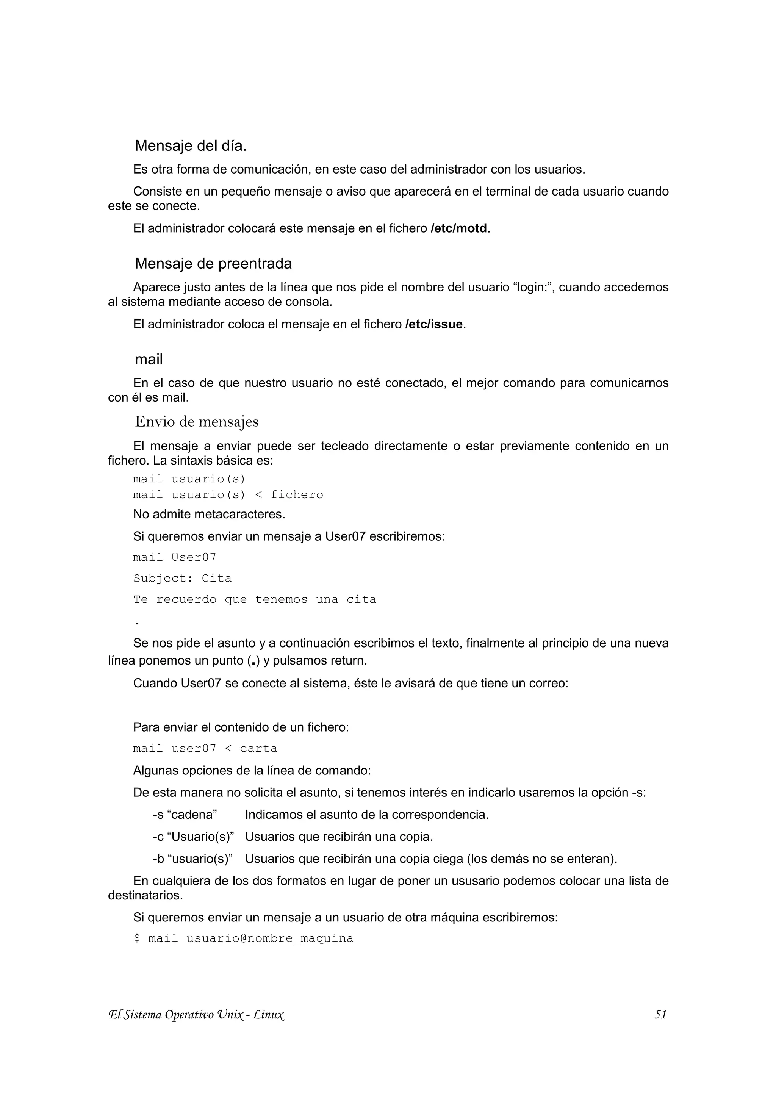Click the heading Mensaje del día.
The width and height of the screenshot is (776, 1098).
coord(190,146)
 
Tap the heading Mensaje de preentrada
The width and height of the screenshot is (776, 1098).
coord(213,263)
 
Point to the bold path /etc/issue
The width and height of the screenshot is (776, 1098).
coord(434,324)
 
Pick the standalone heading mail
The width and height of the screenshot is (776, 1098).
coord(149,359)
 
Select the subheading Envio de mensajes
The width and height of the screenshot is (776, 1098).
coord(197,422)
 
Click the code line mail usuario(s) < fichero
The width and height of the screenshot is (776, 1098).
coord(228,494)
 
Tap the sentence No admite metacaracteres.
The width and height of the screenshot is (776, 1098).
coord(209,515)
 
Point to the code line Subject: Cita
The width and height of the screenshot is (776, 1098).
coord(182,578)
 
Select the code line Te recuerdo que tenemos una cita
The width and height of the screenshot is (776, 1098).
coord(254,599)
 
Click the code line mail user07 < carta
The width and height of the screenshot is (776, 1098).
coord(205,748)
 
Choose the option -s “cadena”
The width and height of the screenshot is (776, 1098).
coord(185,815)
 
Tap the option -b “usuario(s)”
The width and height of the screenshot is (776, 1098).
coord(192,859)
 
